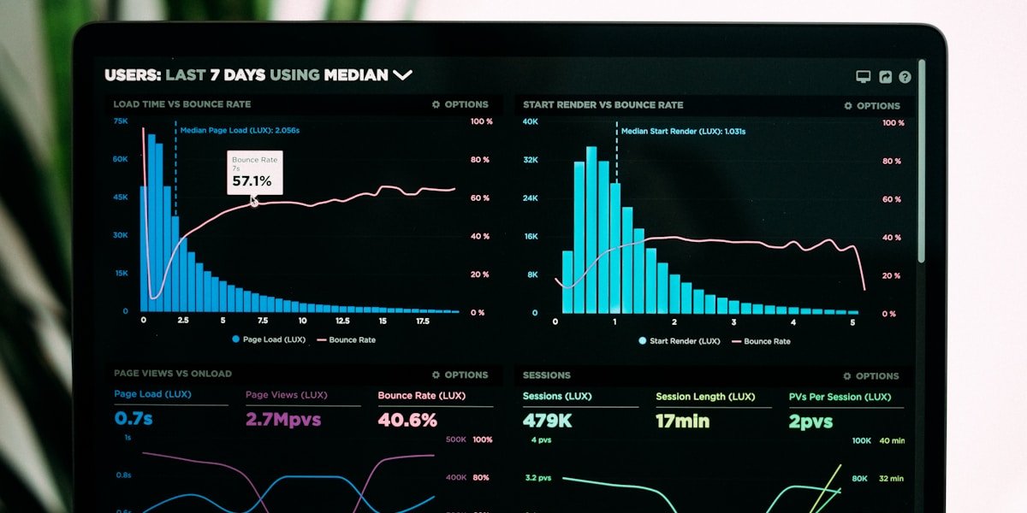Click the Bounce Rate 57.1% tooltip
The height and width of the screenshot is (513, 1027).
tap(254, 173)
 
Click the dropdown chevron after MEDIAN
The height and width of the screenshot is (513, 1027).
tap(402, 75)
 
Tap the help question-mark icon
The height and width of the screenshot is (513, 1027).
tap(905, 77)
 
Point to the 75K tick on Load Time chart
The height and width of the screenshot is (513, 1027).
tap(121, 121)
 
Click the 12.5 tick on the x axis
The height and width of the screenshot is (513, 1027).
tap(342, 321)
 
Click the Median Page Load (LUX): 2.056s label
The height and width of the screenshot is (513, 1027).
tap(240, 130)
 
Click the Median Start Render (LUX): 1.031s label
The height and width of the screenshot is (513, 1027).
tap(683, 132)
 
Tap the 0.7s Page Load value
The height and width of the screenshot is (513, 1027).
tap(134, 419)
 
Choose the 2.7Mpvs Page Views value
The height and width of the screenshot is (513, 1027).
tap(283, 420)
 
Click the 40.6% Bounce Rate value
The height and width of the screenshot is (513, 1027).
tap(407, 420)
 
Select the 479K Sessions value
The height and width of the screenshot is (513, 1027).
tap(548, 421)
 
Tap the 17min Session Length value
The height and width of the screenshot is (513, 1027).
tap(683, 421)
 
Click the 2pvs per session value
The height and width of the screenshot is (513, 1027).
tap(810, 422)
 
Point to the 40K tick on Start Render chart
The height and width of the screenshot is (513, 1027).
tap(531, 121)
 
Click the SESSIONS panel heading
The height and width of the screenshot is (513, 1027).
tap(547, 374)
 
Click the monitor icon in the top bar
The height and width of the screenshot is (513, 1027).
tap(864, 77)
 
